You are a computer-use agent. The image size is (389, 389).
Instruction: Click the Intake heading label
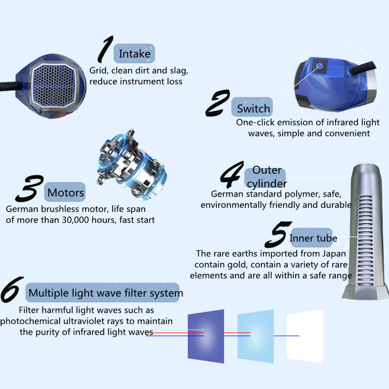(134, 53)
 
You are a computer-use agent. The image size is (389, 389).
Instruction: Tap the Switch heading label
(252, 107)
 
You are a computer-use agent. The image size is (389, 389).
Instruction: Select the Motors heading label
(65, 192)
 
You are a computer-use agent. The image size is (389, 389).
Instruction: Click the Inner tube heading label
(312, 238)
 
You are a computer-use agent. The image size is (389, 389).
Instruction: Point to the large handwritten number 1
(105, 49)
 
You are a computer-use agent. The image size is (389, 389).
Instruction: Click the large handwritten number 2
(217, 103)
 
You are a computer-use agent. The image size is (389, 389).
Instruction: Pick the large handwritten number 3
(30, 188)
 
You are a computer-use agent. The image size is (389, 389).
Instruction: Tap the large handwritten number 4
(232, 174)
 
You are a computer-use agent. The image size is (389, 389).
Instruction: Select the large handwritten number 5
(278, 234)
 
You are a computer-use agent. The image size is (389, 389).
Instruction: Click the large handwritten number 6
(11, 289)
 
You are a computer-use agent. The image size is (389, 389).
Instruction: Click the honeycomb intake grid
(53, 86)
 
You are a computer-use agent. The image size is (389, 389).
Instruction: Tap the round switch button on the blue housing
(320, 66)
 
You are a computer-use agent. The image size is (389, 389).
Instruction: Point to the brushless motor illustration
(132, 164)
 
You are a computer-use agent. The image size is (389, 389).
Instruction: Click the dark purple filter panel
(206, 336)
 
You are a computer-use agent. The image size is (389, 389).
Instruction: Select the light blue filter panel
(256, 336)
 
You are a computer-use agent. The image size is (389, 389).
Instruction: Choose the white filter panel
(305, 336)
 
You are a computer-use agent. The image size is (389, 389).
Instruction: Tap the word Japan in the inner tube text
(334, 254)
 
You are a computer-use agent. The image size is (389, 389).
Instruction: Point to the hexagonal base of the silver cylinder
(365, 293)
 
